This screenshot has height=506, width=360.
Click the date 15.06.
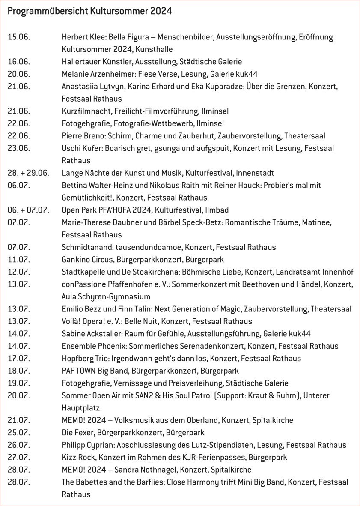point(19,37)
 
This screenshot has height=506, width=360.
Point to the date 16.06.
point(19,62)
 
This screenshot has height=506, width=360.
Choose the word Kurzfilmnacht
point(86,111)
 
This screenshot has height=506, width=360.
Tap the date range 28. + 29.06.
point(28,173)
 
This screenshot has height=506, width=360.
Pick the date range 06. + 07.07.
point(28,210)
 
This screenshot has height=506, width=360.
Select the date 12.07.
point(19,272)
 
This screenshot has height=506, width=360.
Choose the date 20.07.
point(19,395)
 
